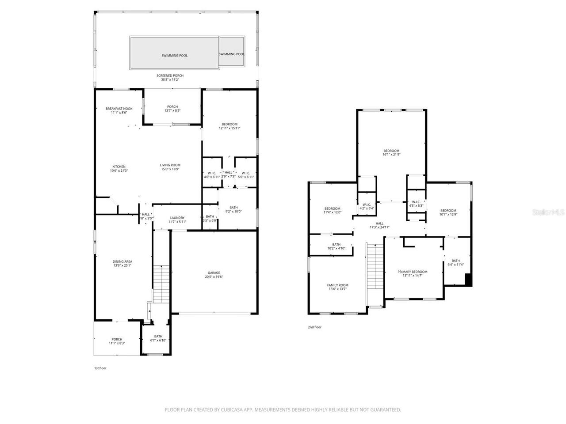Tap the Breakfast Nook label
pos(119,110)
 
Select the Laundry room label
pos(177,220)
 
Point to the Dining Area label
pos(122,264)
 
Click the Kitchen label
pos(119,168)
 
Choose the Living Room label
pos(170,167)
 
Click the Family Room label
pos(337,287)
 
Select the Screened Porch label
pos(170,77)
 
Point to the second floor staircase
pos(375,265)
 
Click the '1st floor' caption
pos(100,368)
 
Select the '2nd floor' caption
pos(315,327)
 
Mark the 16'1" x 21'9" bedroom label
pos(391,152)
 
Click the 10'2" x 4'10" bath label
pos(337,246)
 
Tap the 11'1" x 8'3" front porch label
pos(117,341)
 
